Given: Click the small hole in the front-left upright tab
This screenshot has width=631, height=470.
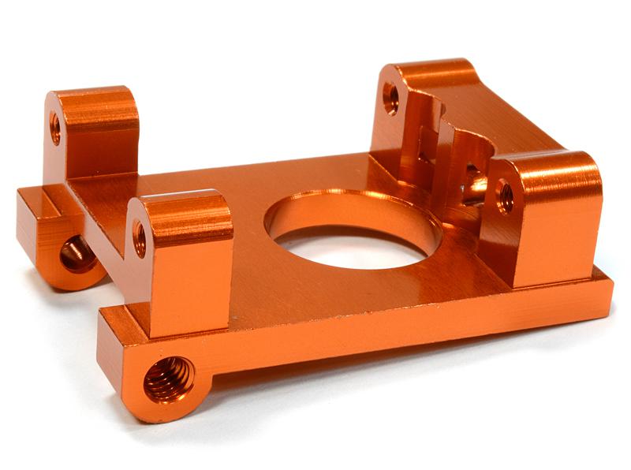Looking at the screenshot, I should [140, 238].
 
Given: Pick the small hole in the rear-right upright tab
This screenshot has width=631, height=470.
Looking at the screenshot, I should [390, 99].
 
